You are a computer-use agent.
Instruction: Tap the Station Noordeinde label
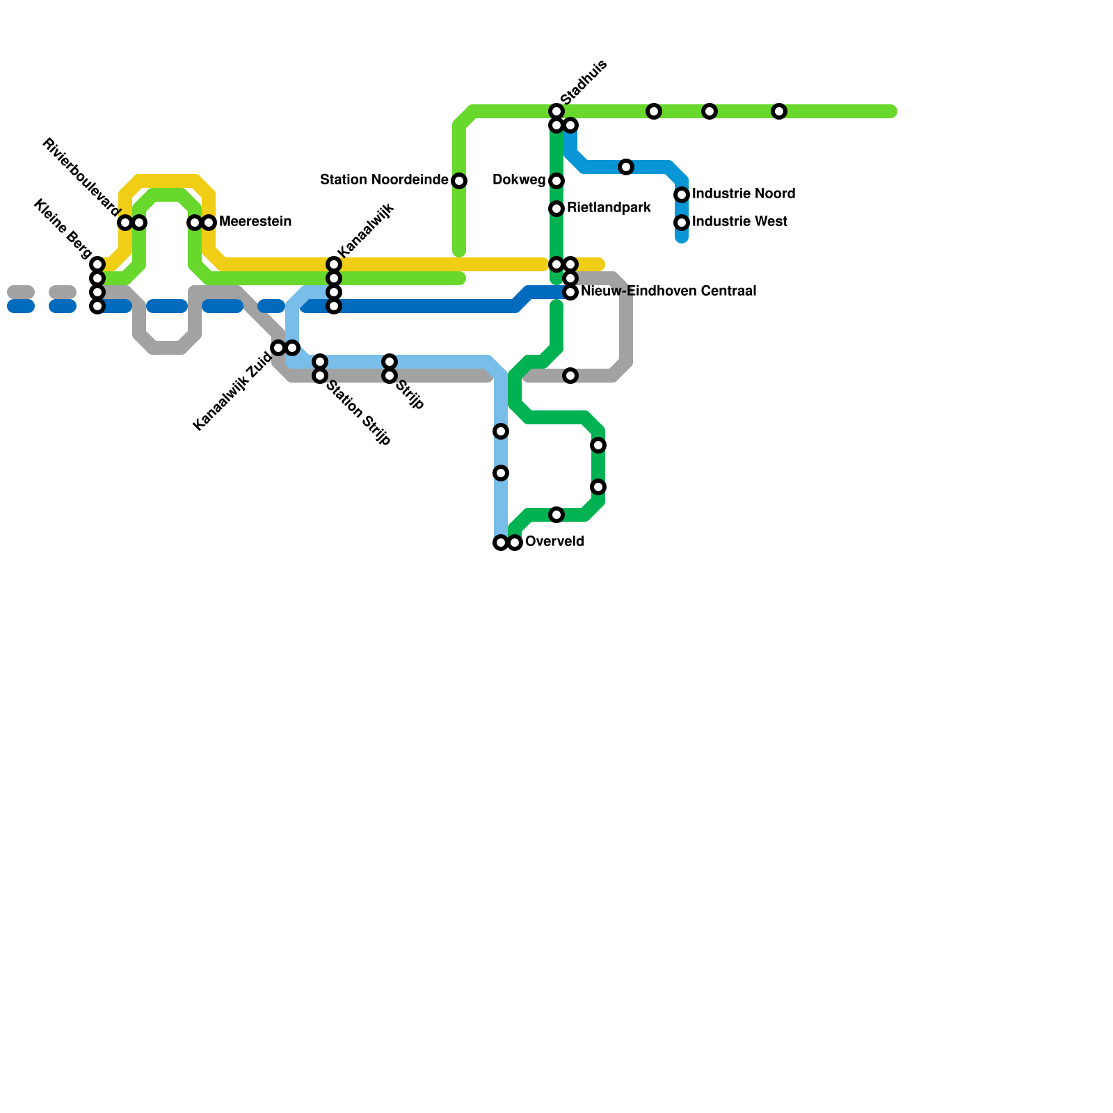[384, 180]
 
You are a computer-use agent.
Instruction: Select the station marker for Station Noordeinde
[459, 181]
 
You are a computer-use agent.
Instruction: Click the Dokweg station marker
[556, 181]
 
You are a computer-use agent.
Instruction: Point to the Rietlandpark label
[609, 208]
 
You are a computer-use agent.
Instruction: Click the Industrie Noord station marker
[682, 195]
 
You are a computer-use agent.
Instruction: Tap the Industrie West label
[739, 222]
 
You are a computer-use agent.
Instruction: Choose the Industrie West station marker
[682, 223]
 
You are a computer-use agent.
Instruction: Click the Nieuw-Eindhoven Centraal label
[668, 291]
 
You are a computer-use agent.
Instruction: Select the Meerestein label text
[255, 222]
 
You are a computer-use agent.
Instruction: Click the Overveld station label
[554, 542]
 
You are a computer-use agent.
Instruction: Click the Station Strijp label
[358, 413]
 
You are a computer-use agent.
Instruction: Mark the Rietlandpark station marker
[556, 209]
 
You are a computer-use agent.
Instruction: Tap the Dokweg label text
[518, 180]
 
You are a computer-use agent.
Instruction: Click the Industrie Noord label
[743, 194]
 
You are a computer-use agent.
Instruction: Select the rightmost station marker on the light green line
[779, 111]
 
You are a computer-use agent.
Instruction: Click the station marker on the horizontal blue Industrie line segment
[626, 167]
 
